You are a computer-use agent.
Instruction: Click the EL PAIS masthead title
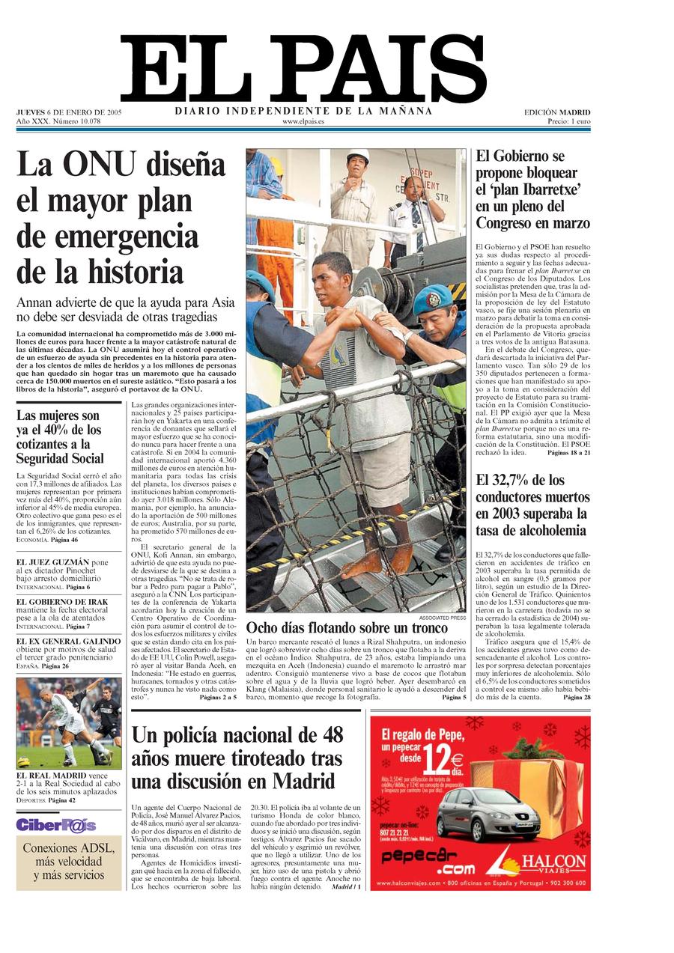[303, 70]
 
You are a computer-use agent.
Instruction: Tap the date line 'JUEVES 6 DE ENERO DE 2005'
[69, 112]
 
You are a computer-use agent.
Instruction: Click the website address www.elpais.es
[303, 121]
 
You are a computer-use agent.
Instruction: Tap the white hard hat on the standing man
[357, 156]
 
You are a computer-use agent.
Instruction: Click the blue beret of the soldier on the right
[432, 299]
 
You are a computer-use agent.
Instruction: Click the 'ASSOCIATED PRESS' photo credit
[442, 618]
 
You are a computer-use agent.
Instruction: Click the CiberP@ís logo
[56, 825]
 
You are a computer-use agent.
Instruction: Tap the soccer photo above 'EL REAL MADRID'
[68, 723]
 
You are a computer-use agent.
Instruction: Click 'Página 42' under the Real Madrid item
[63, 800]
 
